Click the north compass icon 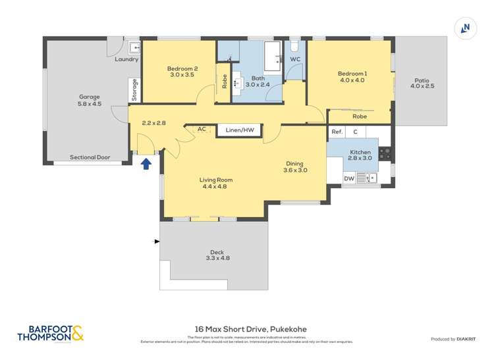coord(466,28)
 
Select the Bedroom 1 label coord(352,77)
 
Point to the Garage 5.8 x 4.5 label coord(90,100)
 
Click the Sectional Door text coord(90,158)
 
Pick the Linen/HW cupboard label coord(239,130)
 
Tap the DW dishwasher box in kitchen coord(349,178)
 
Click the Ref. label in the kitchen coord(337,132)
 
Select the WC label coord(295,59)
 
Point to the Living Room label coord(216,183)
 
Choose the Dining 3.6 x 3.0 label coord(295,167)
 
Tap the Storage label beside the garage coord(134,89)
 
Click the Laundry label coord(126,59)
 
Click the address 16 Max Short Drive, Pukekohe coord(250,329)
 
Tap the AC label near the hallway coord(202,130)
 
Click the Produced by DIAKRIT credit coord(453,339)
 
